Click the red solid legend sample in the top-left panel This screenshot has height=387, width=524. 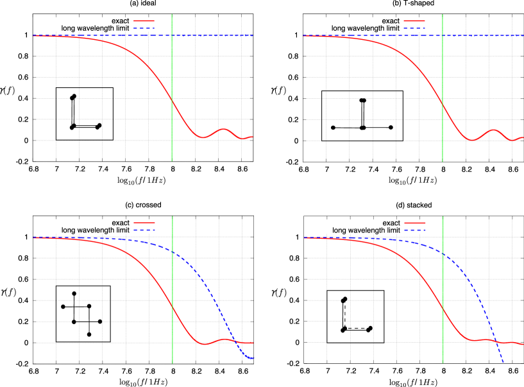click(144, 21)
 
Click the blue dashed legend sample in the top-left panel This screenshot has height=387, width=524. click(144, 28)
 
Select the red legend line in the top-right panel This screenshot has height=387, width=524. click(414, 21)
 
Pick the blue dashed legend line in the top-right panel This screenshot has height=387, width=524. click(414, 28)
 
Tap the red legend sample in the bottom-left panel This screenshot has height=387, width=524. click(144, 223)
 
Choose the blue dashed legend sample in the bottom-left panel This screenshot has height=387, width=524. click(144, 230)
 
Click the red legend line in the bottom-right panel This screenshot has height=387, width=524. click(414, 223)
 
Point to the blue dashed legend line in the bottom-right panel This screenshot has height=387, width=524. click(414, 230)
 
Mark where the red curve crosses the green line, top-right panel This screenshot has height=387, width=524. click(443, 103)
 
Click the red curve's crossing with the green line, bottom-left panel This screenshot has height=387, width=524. click(172, 305)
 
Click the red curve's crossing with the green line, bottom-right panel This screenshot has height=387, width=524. click(443, 309)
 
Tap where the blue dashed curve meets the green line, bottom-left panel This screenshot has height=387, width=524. click(172, 251)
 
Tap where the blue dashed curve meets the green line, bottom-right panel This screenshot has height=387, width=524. click(443, 254)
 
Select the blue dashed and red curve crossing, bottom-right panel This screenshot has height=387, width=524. click(496, 341)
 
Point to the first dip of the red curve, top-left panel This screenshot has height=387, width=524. click(203, 137)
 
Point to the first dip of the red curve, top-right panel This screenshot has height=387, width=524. click(473, 140)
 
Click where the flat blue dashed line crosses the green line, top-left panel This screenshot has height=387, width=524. click(172, 36)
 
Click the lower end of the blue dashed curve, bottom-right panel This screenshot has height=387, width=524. click(503, 363)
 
